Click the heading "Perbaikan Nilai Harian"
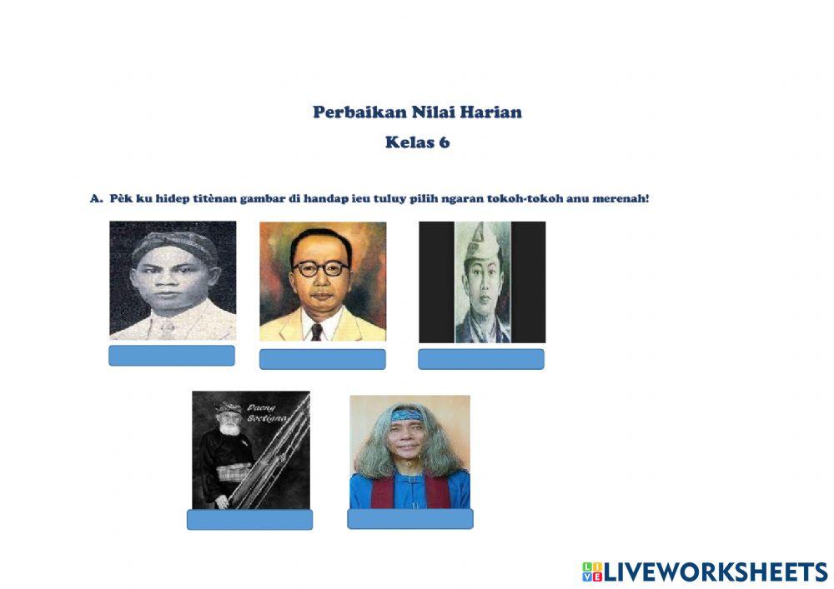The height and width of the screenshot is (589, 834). [x=417, y=112]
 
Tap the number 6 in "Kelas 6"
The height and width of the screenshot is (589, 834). [x=445, y=142]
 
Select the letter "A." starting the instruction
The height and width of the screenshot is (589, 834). [x=96, y=198]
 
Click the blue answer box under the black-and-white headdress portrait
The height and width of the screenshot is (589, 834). [x=172, y=355]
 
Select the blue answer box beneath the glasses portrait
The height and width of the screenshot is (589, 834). [x=322, y=359]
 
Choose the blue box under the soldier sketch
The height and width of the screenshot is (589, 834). [x=481, y=359]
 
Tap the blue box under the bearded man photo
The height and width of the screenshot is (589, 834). [x=249, y=519]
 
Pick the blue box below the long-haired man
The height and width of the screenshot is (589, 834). [x=410, y=519]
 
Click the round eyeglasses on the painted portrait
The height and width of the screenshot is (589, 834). [x=320, y=268]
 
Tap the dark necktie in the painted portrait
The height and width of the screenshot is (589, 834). [x=317, y=332]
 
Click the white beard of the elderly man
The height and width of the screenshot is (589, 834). [x=230, y=427]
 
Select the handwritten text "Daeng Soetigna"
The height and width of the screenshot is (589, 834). [x=267, y=413]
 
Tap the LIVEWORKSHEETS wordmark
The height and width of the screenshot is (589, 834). [x=716, y=572]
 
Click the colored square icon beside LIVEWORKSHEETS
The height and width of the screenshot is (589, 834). [x=592, y=572]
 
